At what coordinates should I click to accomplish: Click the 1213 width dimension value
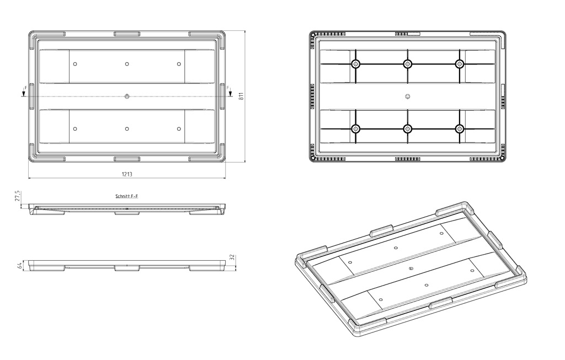127,174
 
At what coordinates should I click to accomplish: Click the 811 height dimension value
242,96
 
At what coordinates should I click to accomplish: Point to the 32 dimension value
232,257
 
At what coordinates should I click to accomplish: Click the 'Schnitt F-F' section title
127,196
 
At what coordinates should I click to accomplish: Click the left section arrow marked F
24,92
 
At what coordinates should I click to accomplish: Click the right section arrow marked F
230,92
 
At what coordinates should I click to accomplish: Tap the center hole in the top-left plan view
127,96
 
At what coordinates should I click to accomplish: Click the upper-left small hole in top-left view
75,64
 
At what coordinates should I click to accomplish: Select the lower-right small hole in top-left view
179,129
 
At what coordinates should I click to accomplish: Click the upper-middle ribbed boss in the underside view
408,64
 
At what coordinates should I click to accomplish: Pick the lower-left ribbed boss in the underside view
356,129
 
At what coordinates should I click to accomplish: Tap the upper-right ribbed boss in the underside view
460,64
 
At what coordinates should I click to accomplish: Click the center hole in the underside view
408,96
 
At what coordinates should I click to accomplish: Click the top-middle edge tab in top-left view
127,34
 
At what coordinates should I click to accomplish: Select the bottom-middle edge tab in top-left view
127,159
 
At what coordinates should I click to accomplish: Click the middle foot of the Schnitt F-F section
127,213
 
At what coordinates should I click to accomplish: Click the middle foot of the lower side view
127,268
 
